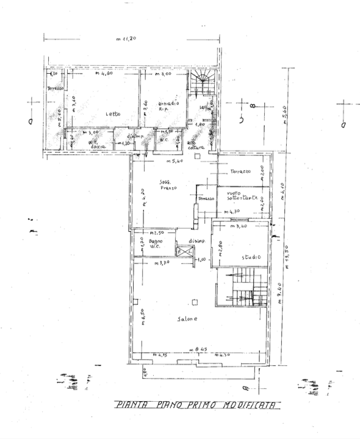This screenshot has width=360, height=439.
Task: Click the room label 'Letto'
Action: coord(112,115)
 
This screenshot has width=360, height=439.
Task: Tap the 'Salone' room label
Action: coord(187,321)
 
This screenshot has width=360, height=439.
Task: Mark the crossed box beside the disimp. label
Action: coord(181,250)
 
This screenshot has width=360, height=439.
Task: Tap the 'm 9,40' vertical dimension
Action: coord(278,298)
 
